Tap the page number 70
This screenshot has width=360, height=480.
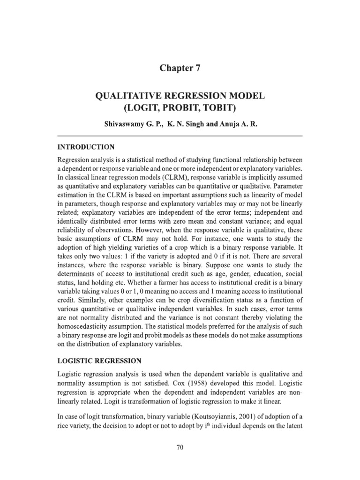pos(180,448)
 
